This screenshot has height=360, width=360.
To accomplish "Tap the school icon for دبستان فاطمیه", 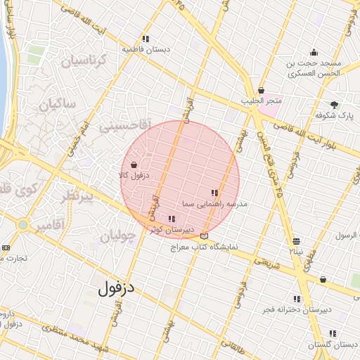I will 145,39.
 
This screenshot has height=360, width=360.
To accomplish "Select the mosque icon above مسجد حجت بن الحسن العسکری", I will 314,52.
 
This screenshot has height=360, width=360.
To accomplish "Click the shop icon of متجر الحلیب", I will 262,91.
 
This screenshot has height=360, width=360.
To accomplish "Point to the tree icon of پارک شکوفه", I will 334,104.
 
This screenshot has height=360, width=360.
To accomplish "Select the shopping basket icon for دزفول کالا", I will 134,165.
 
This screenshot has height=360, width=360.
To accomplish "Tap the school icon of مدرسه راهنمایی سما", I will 214,192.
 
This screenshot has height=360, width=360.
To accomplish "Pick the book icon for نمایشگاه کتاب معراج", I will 205,236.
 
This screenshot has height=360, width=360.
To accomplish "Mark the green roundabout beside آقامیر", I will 22,225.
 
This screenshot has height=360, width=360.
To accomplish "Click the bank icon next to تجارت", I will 6,247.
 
